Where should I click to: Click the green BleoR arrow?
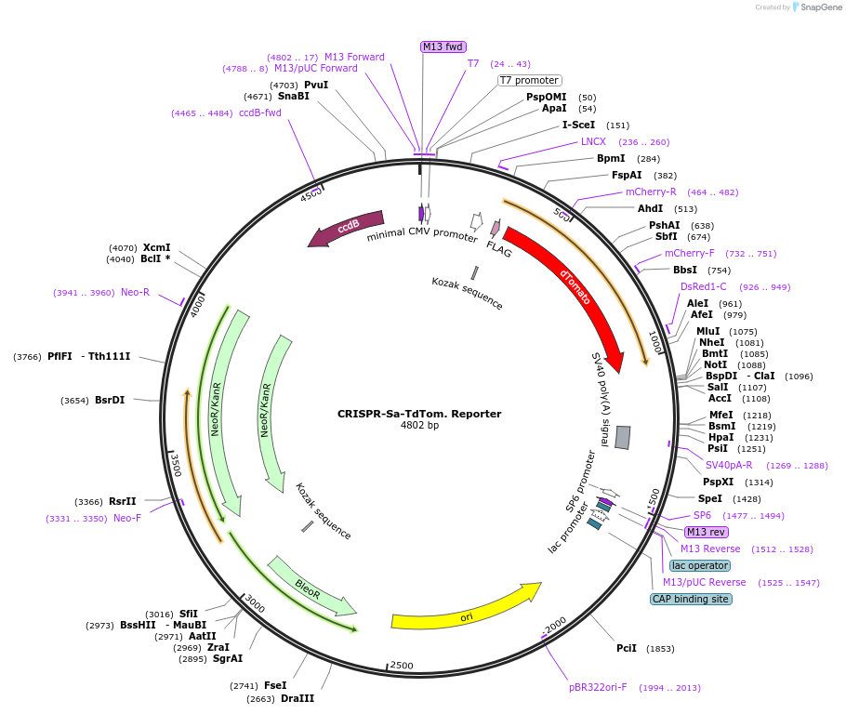[311, 585]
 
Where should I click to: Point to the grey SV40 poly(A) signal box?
[623, 437]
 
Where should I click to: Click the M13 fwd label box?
[443, 46]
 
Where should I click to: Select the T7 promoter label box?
[529, 80]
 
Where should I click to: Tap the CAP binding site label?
[690, 599]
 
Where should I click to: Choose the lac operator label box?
[699, 565]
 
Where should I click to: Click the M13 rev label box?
[706, 532]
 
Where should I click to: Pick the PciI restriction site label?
[627, 648]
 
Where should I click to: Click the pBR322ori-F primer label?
[598, 688]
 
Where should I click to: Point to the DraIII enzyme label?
[297, 698]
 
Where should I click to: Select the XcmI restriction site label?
[156, 247]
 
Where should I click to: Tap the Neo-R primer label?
[135, 292]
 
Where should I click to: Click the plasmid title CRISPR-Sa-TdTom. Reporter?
[419, 414]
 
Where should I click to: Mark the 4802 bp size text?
[419, 426]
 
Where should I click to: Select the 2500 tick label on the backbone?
[401, 665]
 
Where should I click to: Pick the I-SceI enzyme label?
[578, 125]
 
